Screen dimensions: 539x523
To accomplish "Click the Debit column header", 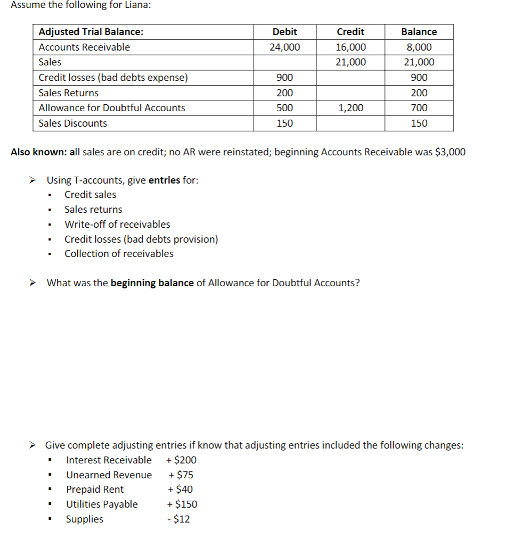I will click(x=284, y=32).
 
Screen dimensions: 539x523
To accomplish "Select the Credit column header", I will click(x=350, y=32).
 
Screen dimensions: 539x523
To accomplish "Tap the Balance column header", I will click(x=419, y=32).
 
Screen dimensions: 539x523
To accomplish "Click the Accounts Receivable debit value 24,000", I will click(x=284, y=47).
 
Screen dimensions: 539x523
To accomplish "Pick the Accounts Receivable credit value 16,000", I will click(x=350, y=47).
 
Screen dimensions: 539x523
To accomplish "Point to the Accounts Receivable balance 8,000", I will click(x=419, y=47).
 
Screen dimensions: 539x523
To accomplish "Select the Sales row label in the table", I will click(x=50, y=62).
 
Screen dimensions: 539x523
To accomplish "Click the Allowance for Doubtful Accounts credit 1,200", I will click(x=350, y=108).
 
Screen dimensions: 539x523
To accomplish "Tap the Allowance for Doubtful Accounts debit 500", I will click(x=284, y=108).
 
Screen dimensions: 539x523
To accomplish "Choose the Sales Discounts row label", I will click(x=72, y=123).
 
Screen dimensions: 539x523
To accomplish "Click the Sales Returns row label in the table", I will click(x=68, y=93).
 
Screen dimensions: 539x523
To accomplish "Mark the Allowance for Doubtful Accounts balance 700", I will click(x=419, y=108).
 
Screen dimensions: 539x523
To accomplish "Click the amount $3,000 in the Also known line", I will click(x=450, y=152).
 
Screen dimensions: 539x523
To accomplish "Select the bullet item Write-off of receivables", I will click(x=117, y=225).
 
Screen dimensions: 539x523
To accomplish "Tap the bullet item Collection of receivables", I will click(x=119, y=254).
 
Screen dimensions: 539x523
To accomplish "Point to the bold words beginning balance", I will click(x=152, y=283).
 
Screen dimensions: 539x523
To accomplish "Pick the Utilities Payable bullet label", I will click(x=102, y=504).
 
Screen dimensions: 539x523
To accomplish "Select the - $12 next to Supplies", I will click(x=178, y=519).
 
